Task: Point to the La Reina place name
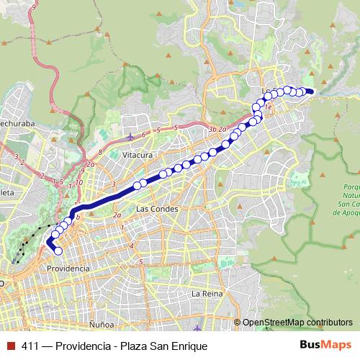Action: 205,294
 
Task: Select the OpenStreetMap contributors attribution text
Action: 297,323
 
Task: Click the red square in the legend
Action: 11,346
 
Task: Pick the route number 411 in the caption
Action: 31,346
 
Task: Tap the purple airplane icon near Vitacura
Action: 130,137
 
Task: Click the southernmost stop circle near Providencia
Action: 58,251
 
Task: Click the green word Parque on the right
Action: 347,185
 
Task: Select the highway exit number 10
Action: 79,183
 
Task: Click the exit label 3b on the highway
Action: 212,129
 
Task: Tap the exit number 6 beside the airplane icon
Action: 143,135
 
